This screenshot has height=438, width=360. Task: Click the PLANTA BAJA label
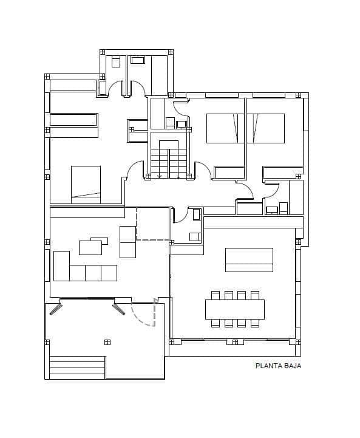278,366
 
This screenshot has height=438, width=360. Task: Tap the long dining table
234,309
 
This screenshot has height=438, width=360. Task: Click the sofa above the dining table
249,259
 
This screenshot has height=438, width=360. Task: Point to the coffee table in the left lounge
90,247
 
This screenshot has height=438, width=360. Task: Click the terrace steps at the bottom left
77,368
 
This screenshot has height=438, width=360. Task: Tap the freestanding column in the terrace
107,342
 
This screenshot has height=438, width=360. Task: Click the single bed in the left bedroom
86,183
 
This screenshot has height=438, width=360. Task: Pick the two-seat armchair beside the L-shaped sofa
128,242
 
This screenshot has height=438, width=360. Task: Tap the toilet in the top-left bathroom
116,61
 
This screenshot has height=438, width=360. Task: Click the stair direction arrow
160,176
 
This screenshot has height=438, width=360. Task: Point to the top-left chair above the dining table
215,295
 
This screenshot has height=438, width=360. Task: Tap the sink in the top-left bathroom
138,60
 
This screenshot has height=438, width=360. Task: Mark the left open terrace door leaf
56,309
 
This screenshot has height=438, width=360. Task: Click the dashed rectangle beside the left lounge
152,224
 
